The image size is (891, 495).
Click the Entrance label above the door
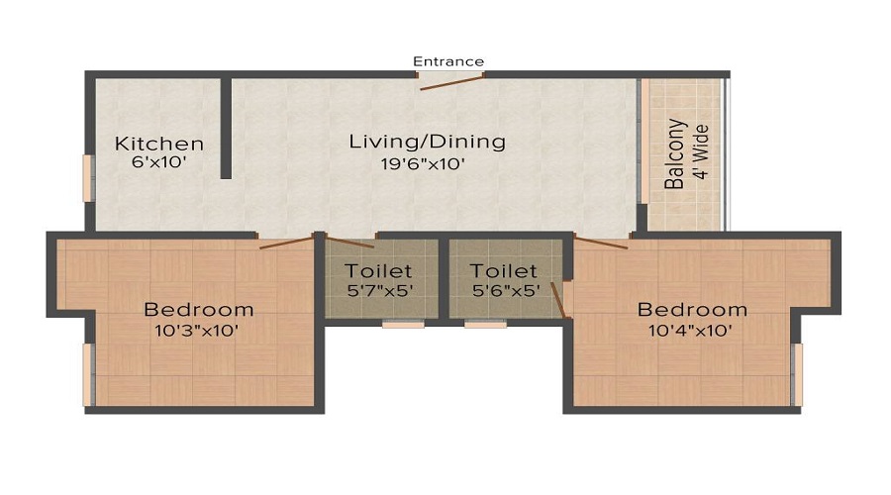pos(448,61)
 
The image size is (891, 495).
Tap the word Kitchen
pos(159,144)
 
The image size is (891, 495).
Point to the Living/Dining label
pos(427,142)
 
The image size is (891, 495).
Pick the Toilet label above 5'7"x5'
pos(378,270)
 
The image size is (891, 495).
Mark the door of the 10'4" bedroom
pos(600,244)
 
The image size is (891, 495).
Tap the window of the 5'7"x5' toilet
pos(403,323)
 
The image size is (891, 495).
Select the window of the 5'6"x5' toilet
pos(485,323)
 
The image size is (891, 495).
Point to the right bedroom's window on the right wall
pos(797,374)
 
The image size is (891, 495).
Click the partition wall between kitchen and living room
pos(226,129)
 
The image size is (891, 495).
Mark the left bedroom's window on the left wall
pos(88,374)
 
